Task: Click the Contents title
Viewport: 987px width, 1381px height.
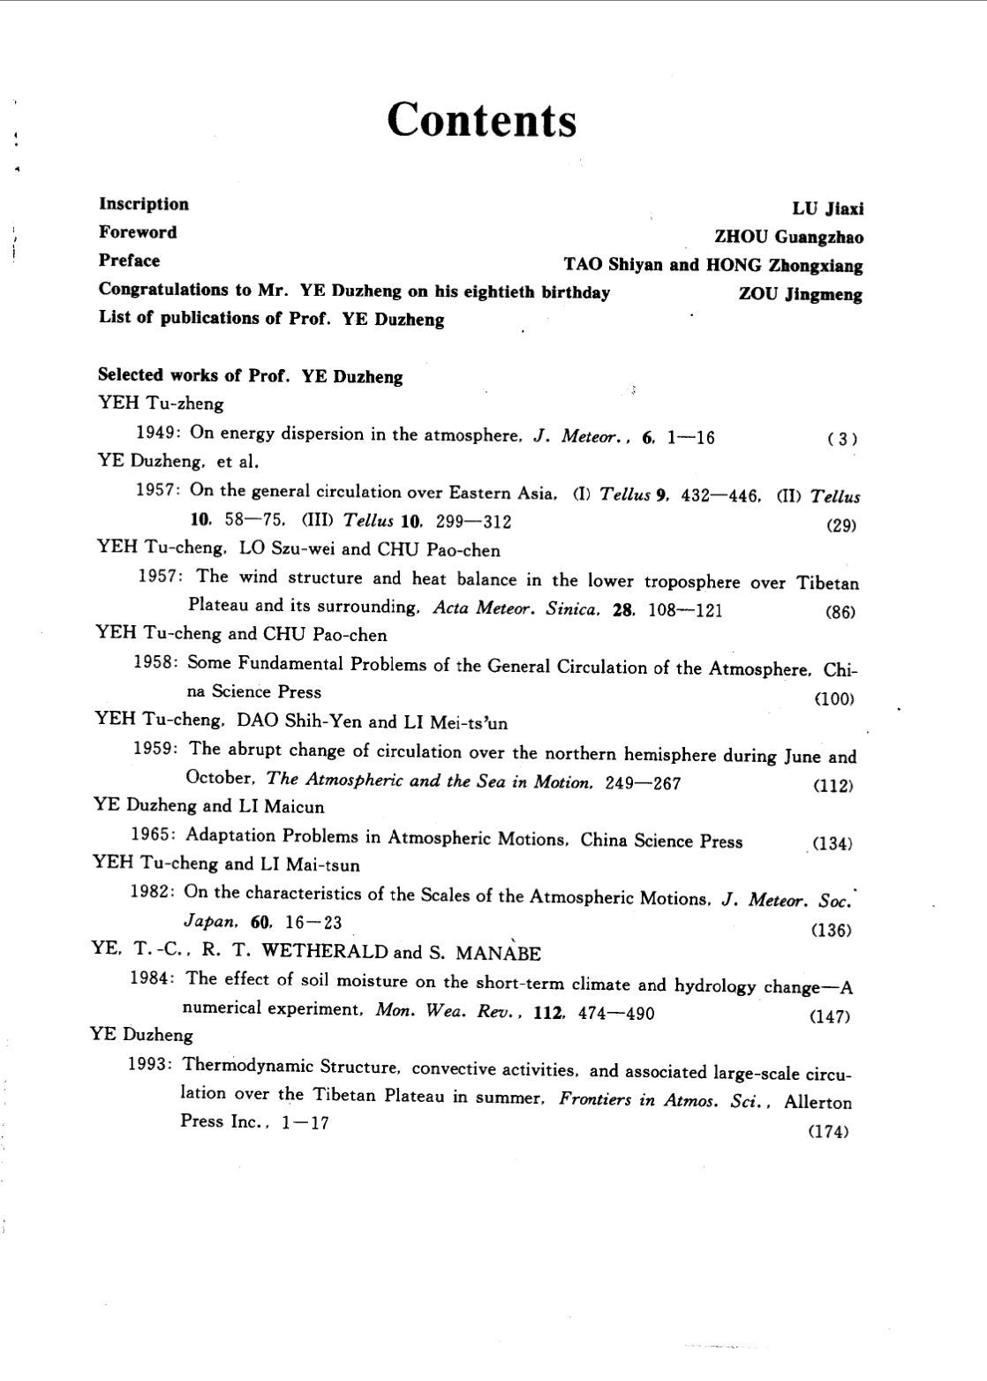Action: [x=482, y=120]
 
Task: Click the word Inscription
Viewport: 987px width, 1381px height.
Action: [x=143, y=204]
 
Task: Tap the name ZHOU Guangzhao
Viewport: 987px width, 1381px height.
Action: [x=788, y=237]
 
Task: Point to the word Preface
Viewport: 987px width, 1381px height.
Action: [x=129, y=260]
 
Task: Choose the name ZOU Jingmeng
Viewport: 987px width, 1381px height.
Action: [x=800, y=295]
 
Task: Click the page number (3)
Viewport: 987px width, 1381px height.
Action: [x=842, y=439]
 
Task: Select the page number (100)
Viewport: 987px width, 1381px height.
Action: [x=835, y=699]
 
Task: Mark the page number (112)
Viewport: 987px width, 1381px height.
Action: [x=834, y=786]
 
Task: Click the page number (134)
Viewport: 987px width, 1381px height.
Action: [x=832, y=843]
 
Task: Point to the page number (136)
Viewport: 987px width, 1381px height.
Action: [x=830, y=930]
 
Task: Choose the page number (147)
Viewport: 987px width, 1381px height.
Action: [x=829, y=1016]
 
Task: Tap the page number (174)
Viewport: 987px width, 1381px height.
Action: [x=828, y=1132]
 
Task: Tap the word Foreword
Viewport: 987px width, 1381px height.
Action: [x=138, y=232]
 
